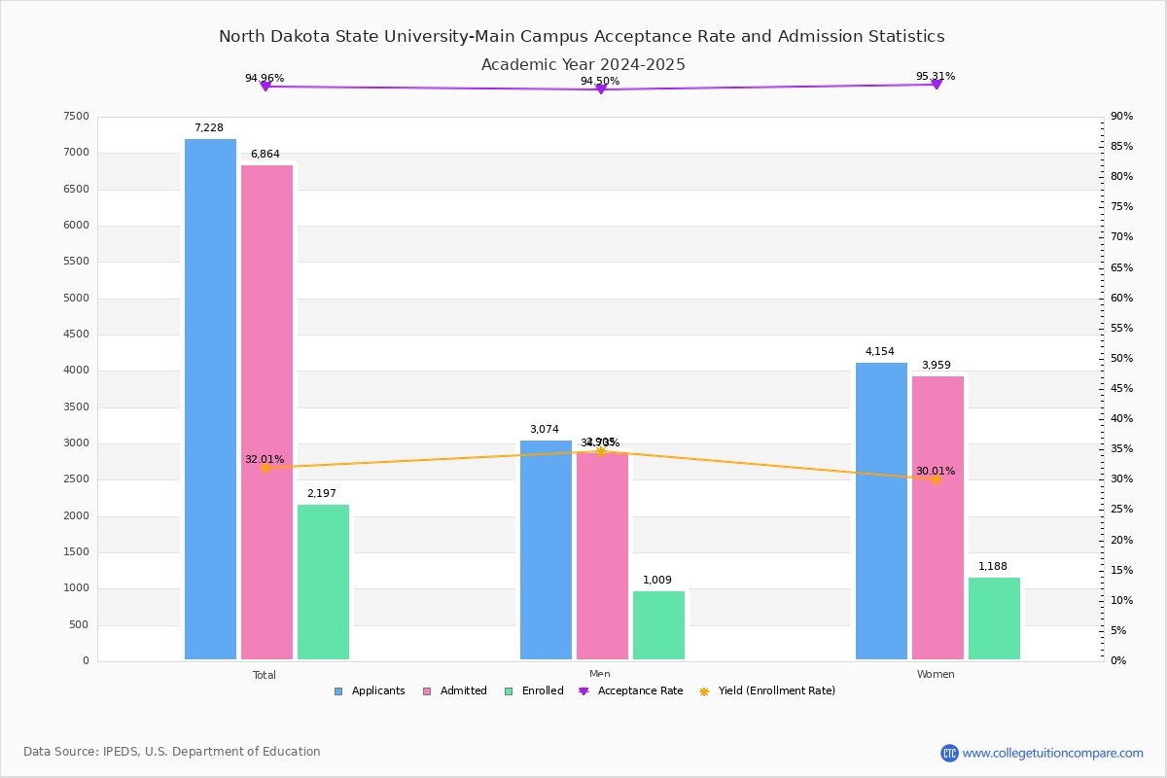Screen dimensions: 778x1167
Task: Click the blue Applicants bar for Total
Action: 210,399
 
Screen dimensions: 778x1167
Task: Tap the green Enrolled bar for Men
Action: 658,625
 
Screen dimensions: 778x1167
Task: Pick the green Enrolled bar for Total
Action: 323,582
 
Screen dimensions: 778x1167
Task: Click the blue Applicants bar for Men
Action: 546,549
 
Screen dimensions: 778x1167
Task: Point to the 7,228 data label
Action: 209,128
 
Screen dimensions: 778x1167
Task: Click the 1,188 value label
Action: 993,567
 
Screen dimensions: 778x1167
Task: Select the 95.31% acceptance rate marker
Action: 937,85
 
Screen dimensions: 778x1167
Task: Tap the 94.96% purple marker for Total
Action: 265,87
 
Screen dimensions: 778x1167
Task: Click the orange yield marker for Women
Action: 937,479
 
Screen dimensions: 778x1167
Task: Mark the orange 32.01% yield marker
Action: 265,468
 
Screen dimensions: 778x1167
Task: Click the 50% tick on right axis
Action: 1121,359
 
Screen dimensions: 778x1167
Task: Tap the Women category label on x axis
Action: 936,675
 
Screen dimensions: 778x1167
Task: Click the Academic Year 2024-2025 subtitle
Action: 583,65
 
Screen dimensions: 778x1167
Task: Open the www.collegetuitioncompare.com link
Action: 1052,753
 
